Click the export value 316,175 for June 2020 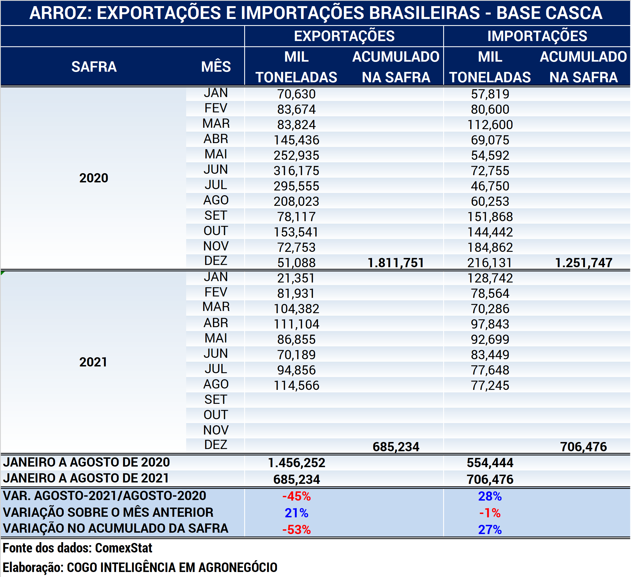(x=296, y=171)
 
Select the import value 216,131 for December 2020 (x=490, y=263)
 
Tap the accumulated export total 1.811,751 (x=396, y=263)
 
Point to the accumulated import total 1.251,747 (x=584, y=263)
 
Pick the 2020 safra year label (x=93, y=178)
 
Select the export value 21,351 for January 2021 (x=296, y=278)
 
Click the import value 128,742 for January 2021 (x=490, y=278)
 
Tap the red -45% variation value (x=296, y=496)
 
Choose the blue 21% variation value (x=296, y=513)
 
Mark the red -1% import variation (x=490, y=513)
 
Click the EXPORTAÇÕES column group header (x=344, y=36)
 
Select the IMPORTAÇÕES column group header (x=537, y=36)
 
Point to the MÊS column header (x=216, y=66)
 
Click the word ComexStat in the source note (x=124, y=548)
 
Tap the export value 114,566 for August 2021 (x=296, y=385)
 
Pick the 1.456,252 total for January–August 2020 (x=296, y=463)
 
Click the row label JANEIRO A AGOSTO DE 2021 (x=86, y=478)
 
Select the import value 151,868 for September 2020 (x=490, y=217)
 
